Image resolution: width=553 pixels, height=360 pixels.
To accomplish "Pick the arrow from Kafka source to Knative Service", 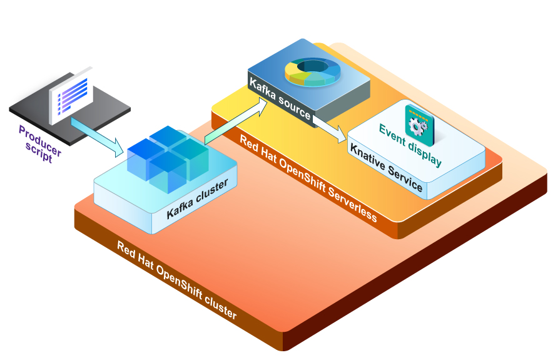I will point(329,127).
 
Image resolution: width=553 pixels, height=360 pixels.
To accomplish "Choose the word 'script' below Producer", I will point(35,152).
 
